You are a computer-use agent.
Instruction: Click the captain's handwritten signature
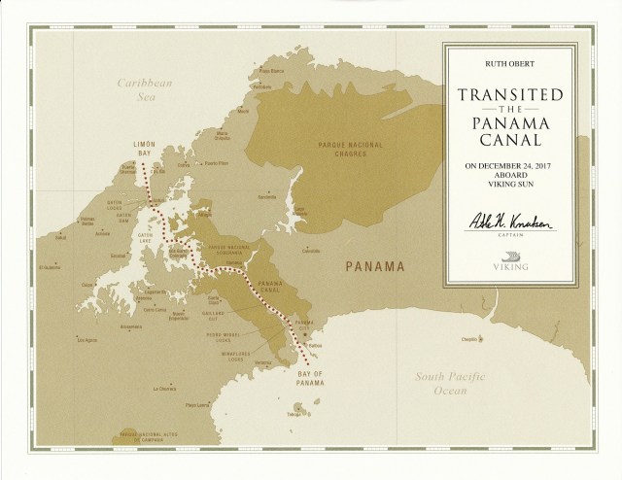pos(512,224)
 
